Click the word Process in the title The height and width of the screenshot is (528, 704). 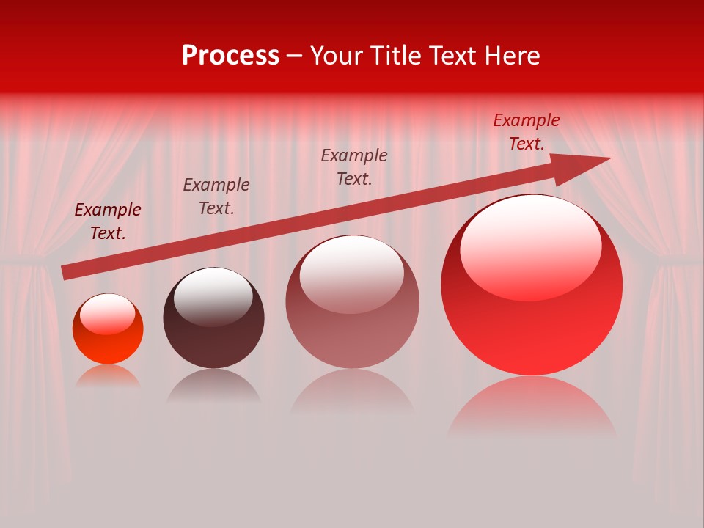230,56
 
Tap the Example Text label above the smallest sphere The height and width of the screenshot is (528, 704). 108,221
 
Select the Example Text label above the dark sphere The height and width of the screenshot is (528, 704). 216,197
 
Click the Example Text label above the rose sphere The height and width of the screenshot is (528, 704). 354,167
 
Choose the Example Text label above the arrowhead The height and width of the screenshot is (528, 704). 527,132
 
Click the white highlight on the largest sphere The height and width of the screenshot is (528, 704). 530,246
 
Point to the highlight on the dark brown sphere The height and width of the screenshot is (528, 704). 213,295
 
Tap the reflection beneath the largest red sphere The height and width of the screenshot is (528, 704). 532,407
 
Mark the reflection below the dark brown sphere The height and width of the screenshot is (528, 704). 213,385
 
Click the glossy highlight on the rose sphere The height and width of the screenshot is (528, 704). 352,273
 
